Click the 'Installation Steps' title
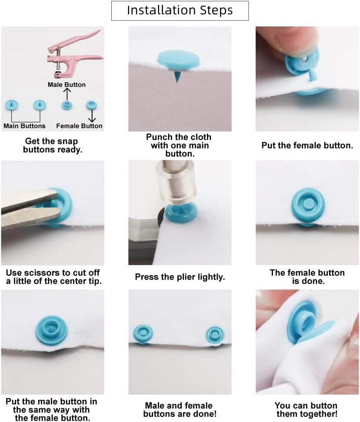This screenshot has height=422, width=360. click(180, 10)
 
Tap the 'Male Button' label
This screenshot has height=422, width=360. click(67, 84)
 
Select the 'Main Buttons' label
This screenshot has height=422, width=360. click(24, 126)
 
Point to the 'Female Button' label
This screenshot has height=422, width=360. click(79, 126)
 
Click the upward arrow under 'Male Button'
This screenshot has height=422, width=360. click(67, 94)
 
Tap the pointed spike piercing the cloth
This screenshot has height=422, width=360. click(177, 76)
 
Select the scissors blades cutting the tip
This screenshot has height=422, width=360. click(30, 207)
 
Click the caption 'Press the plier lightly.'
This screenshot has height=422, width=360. click(180, 277)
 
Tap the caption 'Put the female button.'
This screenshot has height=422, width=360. click(307, 145)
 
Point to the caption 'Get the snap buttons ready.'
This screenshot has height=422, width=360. click(52, 145)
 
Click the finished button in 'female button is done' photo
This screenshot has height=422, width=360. click(308, 205)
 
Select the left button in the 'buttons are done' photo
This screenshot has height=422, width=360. click(143, 334)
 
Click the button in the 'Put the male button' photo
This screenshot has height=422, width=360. click(51, 330)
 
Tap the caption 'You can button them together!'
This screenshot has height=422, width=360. click(307, 410)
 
